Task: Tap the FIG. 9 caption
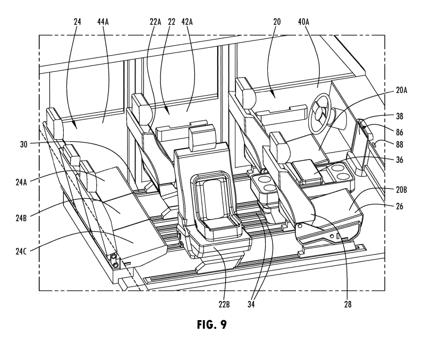point(212,324)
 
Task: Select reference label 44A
point(103,22)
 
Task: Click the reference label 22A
point(155,22)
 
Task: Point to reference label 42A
point(187,22)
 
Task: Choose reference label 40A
point(303,22)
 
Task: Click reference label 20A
point(401,90)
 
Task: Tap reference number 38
point(400,116)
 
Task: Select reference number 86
point(400,132)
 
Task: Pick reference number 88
point(400,144)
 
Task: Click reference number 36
point(400,160)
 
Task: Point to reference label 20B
point(401,190)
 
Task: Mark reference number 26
point(400,206)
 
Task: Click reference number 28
point(347,304)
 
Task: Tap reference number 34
point(251,304)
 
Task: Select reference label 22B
point(224,304)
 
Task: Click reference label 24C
point(21,252)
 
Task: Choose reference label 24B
point(21,218)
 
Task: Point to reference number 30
point(24,144)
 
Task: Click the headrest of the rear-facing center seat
point(202,137)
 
